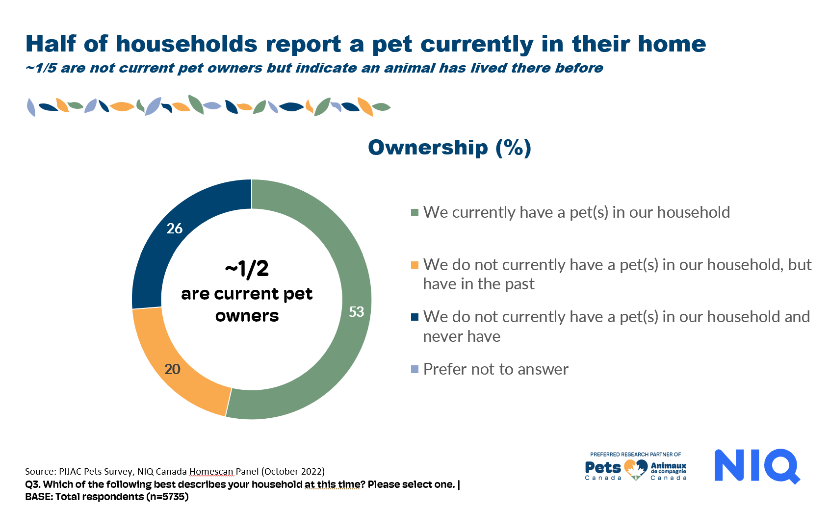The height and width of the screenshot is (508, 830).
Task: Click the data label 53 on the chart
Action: (356, 312)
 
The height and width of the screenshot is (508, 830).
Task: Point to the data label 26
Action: (174, 229)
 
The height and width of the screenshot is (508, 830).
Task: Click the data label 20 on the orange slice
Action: (172, 369)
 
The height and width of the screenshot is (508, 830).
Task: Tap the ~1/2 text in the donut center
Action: (247, 269)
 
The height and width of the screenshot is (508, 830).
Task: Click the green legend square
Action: (415, 212)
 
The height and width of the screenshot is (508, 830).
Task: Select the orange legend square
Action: (415, 265)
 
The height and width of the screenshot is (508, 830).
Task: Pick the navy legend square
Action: (415, 317)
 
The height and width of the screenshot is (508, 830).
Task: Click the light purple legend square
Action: (415, 369)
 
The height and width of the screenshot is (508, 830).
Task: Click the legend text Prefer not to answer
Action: (495, 369)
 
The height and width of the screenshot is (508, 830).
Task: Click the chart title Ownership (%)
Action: (449, 148)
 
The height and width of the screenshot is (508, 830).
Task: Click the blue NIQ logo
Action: (756, 466)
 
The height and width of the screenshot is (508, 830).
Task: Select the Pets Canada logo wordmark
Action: (603, 468)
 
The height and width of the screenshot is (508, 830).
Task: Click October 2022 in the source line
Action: (293, 471)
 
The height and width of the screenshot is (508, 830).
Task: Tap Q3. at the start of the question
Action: (33, 484)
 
